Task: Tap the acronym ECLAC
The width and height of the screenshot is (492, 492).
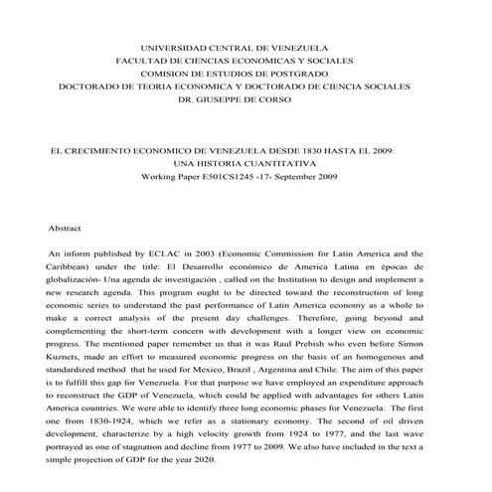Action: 165,254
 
